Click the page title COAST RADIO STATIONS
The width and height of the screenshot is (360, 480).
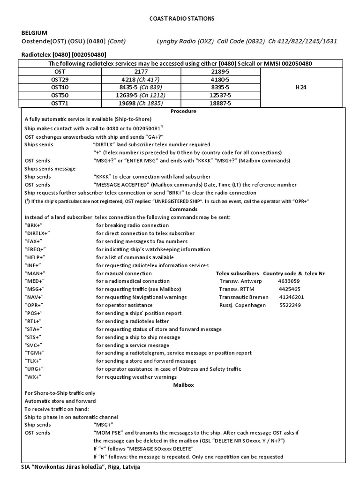click(x=180, y=18)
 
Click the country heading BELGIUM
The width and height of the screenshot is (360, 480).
click(x=34, y=33)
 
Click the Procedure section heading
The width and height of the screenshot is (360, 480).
click(x=183, y=111)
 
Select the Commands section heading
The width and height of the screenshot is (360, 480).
click(x=183, y=209)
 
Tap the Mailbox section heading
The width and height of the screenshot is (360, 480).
click(x=183, y=384)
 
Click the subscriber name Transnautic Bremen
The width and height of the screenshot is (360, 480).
click(x=244, y=297)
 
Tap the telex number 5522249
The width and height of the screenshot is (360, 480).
click(x=290, y=305)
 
